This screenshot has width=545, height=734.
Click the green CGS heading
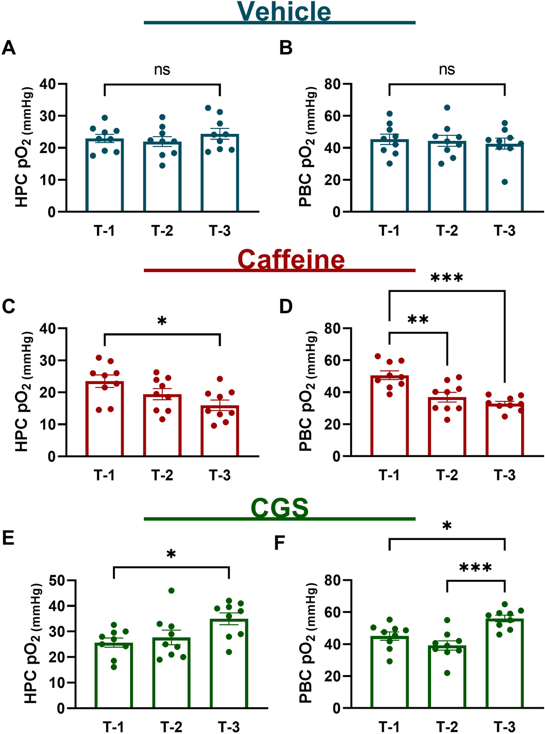(279, 508)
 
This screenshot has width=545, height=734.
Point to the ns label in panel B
(447, 69)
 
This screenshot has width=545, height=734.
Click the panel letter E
(8, 539)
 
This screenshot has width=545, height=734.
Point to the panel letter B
(286, 48)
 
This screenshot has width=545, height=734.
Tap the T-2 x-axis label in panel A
(162, 231)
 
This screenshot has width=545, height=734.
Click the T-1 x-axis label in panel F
(389, 727)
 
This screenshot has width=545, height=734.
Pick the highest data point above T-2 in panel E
(171, 591)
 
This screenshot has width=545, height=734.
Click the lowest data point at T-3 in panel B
(505, 182)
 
